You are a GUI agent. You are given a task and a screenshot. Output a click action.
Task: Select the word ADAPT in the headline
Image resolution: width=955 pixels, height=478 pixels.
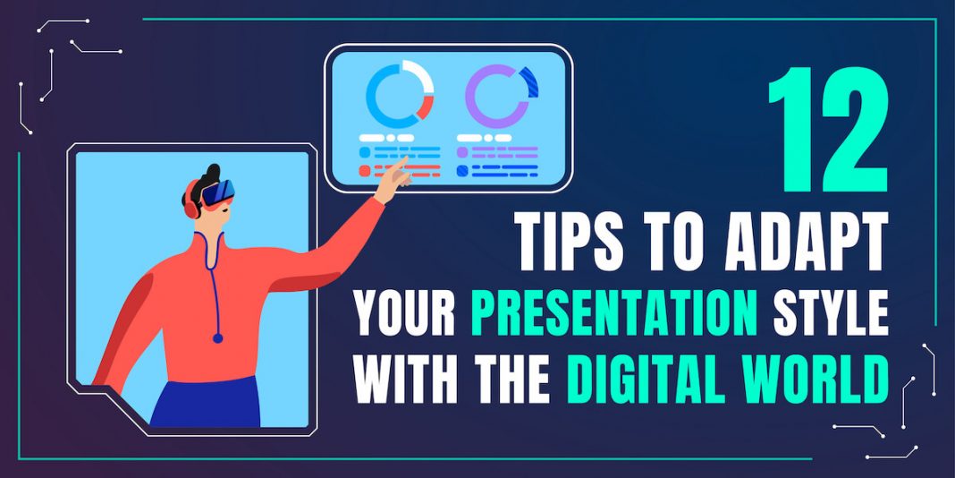pos(807,242)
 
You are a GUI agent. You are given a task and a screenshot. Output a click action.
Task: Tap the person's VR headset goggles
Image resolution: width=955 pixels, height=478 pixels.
pos(218,194)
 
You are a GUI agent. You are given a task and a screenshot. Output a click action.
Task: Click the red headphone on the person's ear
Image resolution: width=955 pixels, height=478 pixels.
pos(191,205)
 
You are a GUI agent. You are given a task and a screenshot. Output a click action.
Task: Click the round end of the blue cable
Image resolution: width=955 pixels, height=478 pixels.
pos(217,337)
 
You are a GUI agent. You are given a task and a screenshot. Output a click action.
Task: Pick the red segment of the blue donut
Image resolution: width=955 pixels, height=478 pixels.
pos(425,107)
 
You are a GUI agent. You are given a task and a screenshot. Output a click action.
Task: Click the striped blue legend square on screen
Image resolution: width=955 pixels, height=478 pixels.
pos(462,171)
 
